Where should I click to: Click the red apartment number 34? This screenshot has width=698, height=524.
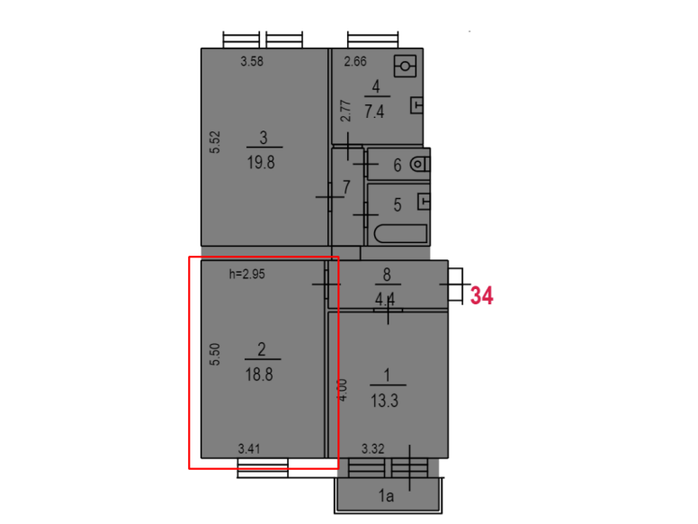[x=481, y=296]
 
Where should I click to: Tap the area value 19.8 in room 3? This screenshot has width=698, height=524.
[x=261, y=163]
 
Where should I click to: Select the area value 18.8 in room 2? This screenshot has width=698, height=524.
[x=259, y=375]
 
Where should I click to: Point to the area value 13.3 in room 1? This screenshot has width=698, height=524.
[x=385, y=401]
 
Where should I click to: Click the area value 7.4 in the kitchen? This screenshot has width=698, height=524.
[x=374, y=112]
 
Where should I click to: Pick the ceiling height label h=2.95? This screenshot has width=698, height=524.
[x=247, y=274]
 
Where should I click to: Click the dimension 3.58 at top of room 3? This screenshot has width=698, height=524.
[x=252, y=61]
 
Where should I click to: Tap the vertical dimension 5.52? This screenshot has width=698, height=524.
[x=215, y=142]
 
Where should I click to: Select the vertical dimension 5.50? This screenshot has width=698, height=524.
[x=215, y=354]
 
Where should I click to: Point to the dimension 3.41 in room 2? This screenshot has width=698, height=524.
[x=249, y=448]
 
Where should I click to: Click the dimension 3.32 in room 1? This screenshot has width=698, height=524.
[x=372, y=448]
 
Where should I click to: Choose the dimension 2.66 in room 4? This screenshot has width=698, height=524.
[x=355, y=61]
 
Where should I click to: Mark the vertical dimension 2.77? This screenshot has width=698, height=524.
[x=345, y=111]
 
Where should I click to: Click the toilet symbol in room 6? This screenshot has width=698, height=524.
[x=420, y=165]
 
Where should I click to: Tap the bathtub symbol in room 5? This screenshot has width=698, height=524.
[x=400, y=233]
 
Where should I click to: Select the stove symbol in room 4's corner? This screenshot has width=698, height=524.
[x=405, y=66]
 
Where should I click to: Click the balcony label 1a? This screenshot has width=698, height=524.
[x=386, y=495]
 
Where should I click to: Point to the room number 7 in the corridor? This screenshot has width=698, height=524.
[x=346, y=186]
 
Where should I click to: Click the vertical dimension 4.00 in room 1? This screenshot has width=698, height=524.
[x=343, y=390]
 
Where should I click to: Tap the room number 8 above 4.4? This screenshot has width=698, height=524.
[x=387, y=275]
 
